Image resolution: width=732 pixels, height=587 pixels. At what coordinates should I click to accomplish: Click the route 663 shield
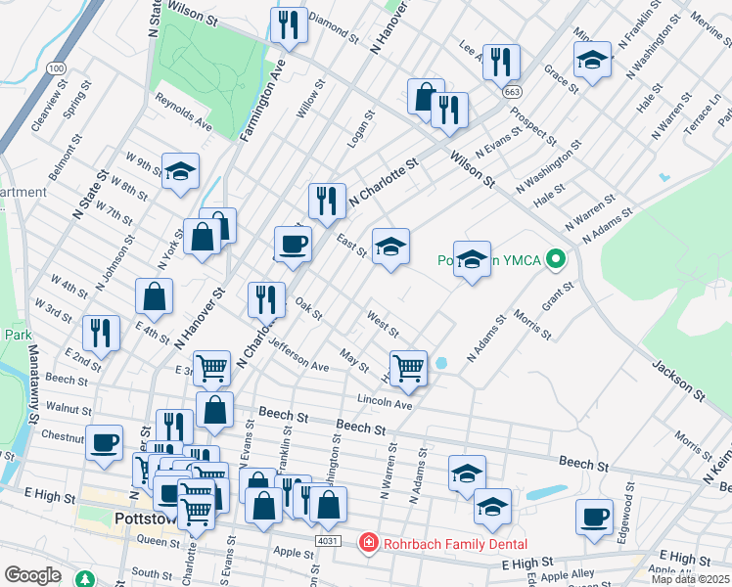[x=512, y=91]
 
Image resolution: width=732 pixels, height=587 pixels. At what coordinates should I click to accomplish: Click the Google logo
[x=32, y=575]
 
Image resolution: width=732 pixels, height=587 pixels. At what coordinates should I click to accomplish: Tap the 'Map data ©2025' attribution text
[x=689, y=579]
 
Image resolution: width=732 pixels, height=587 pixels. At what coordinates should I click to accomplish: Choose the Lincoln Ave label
[x=385, y=401]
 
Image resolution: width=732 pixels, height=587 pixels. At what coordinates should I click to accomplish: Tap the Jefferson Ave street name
[x=299, y=356]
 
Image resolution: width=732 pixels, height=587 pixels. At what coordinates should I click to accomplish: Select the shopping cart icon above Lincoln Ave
[x=408, y=368]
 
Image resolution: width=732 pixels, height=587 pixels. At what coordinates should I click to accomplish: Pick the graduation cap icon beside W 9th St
[x=180, y=172]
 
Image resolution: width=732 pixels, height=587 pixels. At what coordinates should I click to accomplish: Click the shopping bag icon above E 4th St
[x=154, y=295]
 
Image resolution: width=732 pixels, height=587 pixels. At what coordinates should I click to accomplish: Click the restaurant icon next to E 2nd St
[x=101, y=332]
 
